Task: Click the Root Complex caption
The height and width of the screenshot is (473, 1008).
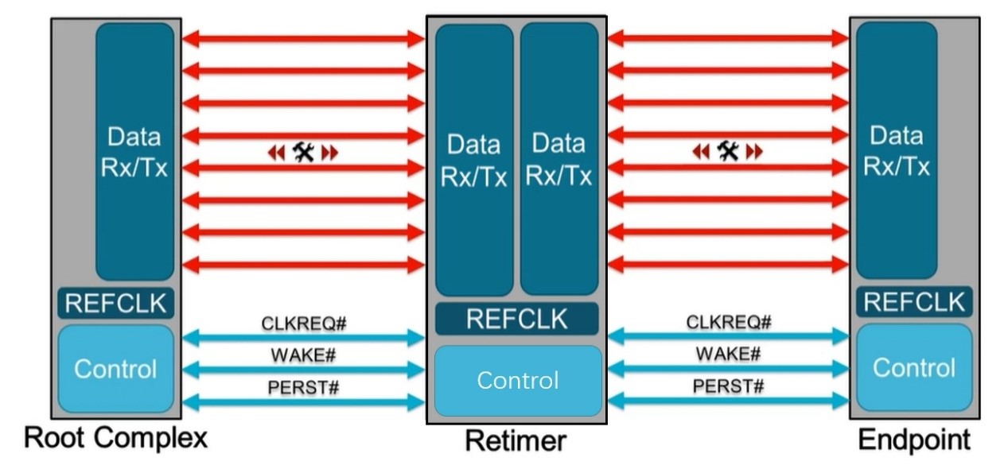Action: click(x=116, y=438)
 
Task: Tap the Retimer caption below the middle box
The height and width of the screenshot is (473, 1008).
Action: click(x=516, y=440)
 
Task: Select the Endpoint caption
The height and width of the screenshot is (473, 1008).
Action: click(x=914, y=440)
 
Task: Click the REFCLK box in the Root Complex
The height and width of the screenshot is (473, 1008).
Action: click(x=115, y=303)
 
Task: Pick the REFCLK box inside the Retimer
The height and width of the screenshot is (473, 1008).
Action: click(x=516, y=319)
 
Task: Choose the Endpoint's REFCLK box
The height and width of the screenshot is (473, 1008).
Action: click(x=914, y=302)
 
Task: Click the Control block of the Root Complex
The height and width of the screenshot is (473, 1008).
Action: click(x=115, y=369)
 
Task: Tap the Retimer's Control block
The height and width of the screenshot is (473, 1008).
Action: click(x=517, y=380)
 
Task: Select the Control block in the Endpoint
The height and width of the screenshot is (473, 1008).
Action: click(x=914, y=367)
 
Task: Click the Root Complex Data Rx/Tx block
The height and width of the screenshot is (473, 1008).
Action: click(x=134, y=152)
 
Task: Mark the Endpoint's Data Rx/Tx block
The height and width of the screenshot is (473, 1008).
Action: click(x=897, y=150)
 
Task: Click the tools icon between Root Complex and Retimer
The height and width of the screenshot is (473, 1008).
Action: click(x=303, y=152)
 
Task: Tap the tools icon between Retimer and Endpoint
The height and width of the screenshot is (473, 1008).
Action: click(x=727, y=151)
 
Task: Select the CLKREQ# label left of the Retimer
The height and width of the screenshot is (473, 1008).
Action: click(x=304, y=324)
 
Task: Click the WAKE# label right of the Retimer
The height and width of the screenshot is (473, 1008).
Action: click(x=728, y=354)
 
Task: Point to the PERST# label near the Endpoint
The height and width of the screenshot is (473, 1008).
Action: click(x=728, y=386)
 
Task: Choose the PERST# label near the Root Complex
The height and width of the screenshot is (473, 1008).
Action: click(x=304, y=387)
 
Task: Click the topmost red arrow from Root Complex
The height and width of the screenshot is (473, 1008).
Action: click(x=303, y=38)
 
